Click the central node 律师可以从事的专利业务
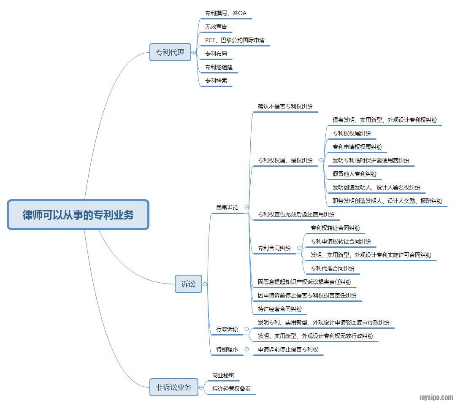(x=78, y=215)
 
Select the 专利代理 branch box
(x=170, y=53)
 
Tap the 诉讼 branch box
(x=188, y=284)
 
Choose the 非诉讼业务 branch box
(x=173, y=387)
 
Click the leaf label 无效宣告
(x=216, y=27)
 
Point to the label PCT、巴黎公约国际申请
(x=235, y=40)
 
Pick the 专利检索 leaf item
(x=216, y=80)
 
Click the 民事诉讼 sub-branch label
(x=227, y=208)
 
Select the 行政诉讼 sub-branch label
(x=227, y=329)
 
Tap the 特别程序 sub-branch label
(x=227, y=349)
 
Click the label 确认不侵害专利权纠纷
(x=285, y=106)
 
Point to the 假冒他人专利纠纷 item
(x=354, y=174)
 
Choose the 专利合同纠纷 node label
(x=274, y=248)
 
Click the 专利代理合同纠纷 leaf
(x=332, y=268)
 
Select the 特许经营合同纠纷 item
(x=280, y=309)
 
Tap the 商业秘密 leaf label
(x=223, y=375)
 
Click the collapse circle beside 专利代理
(x=194, y=53)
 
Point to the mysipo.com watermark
(x=436, y=397)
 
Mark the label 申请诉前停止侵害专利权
(x=288, y=349)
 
